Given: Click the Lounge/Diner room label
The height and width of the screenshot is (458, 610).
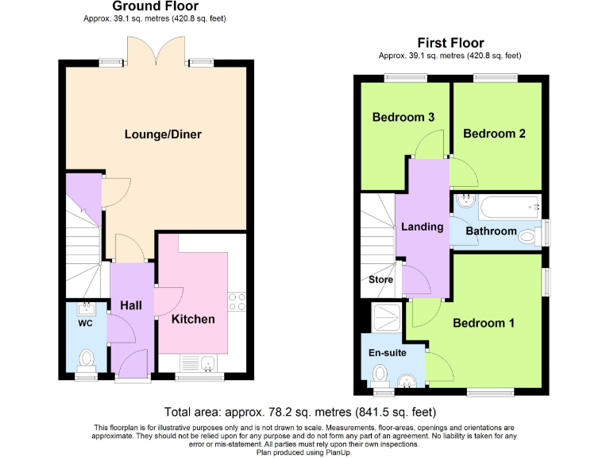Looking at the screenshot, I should (163, 134).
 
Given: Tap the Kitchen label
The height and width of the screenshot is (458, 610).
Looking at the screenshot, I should (193, 319).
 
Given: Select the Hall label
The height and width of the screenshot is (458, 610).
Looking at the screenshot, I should (130, 305).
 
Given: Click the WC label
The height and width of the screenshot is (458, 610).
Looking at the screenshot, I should (85, 324).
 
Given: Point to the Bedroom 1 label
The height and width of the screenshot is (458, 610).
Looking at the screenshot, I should (484, 323).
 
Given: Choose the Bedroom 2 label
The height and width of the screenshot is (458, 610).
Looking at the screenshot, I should (494, 134).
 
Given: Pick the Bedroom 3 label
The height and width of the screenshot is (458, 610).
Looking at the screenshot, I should (403, 117).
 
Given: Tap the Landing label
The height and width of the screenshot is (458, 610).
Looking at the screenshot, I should (422, 227).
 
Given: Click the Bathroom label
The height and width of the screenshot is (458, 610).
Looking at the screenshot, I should (491, 231).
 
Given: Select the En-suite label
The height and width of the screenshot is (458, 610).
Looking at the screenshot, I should (384, 352).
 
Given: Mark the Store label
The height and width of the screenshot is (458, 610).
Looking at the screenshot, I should (380, 280).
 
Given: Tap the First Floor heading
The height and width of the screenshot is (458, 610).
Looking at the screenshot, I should (450, 43).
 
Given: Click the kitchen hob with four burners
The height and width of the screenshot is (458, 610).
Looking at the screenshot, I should (236, 301).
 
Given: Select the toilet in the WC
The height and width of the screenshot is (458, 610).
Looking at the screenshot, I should (86, 360).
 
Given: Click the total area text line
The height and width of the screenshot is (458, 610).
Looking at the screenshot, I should (300, 412).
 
